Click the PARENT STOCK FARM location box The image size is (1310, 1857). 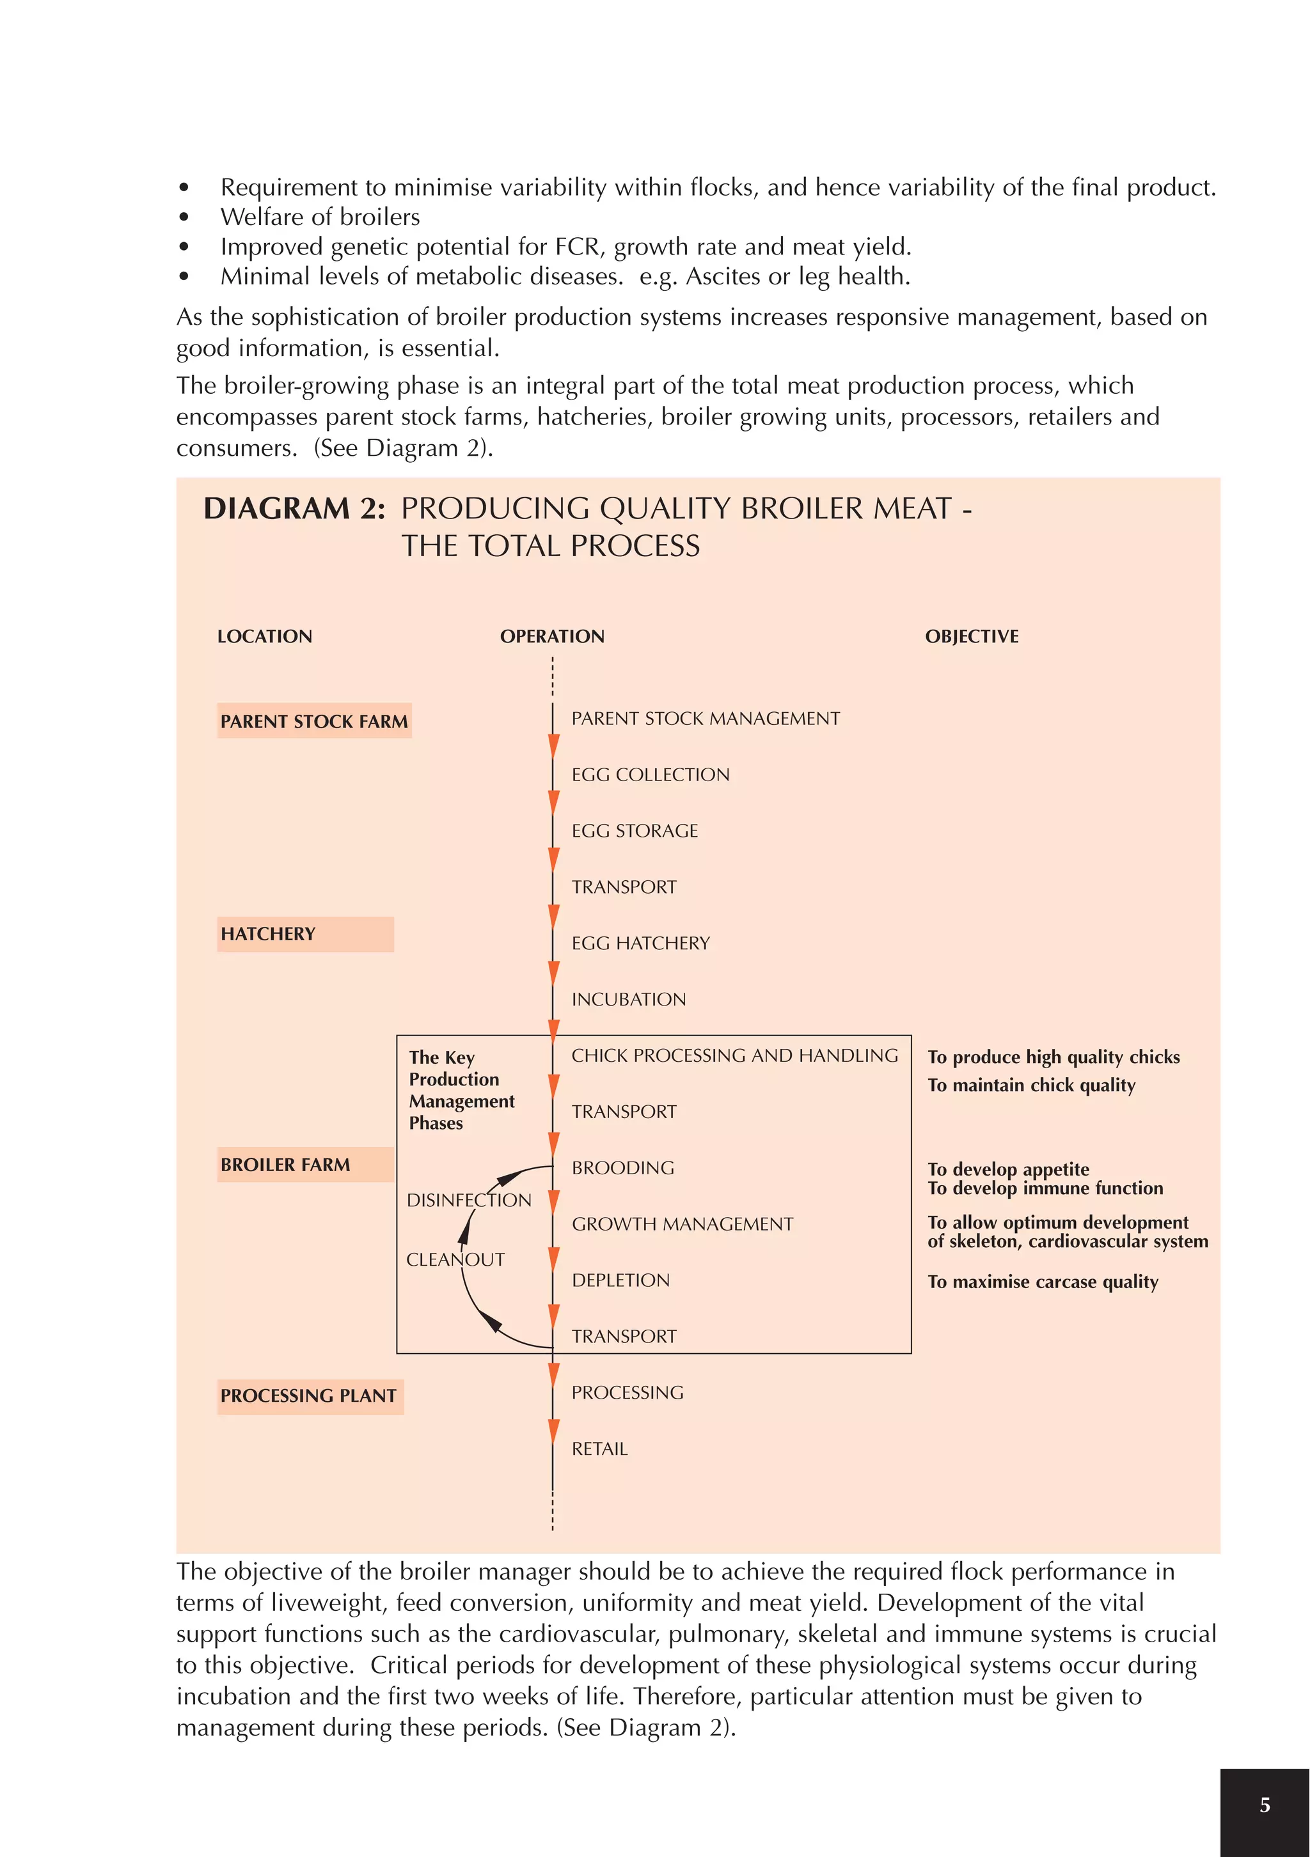[314, 720]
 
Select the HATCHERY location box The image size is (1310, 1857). [305, 933]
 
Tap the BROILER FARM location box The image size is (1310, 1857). [305, 1165]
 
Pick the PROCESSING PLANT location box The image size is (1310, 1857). [310, 1396]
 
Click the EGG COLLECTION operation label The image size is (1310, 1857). [650, 775]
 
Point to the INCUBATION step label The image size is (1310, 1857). [628, 1000]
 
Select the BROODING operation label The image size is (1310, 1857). [622, 1168]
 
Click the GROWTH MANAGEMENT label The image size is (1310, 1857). [681, 1225]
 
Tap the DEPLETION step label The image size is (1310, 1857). [620, 1280]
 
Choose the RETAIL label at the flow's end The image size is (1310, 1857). [599, 1449]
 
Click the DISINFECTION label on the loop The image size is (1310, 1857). [468, 1200]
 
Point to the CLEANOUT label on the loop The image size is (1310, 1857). [455, 1260]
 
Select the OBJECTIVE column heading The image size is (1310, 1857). [971, 637]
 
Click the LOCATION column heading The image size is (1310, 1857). [265, 637]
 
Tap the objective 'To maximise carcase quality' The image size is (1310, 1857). [1042, 1282]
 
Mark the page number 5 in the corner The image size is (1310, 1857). [1265, 1805]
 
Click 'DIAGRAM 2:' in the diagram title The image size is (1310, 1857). [294, 509]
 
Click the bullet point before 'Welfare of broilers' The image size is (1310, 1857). [184, 217]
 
